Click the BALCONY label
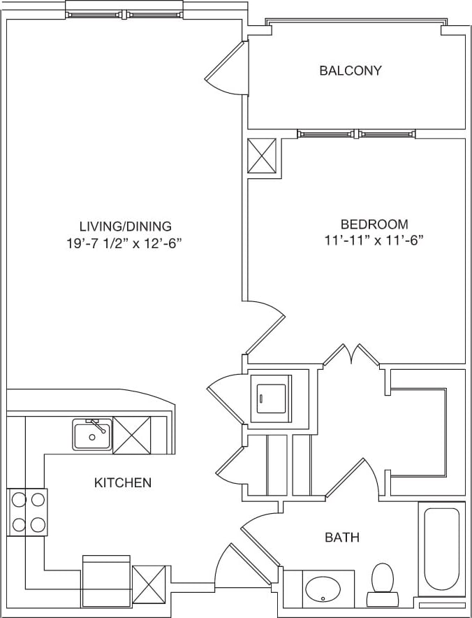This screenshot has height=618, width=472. coord(351,70)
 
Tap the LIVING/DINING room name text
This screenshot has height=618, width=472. coord(125,226)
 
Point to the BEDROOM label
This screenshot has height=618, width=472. coord(374,224)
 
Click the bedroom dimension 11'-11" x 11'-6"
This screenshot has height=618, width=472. coord(374,241)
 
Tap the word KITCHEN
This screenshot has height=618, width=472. coord(123,483)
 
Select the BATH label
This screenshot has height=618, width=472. coord(342,537)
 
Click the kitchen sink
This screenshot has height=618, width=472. coord(91,435)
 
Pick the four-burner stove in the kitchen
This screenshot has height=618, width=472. coord(27,512)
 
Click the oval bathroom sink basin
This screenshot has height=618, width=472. coord(324,589)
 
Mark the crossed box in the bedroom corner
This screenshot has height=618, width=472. coord(263,155)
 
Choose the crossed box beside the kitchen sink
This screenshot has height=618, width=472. coord(131,434)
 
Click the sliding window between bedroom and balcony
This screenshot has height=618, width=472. coord(357,134)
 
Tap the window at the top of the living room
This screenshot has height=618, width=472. coord(124,13)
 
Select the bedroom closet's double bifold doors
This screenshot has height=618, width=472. coord(351,354)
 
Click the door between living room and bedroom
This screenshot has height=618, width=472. coord(264,326)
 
